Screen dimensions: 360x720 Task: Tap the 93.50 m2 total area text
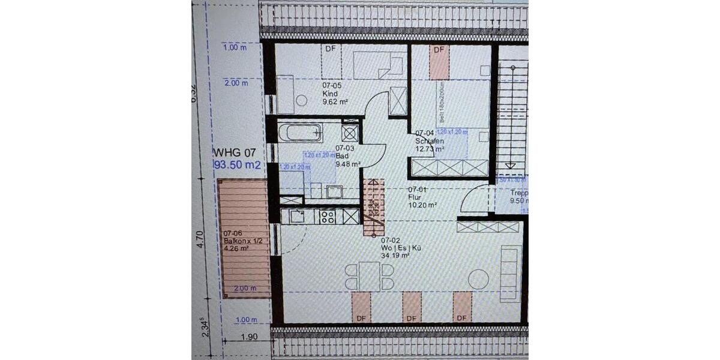point(238,165)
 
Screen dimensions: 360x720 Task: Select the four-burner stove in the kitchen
point(328,217)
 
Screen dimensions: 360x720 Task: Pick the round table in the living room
point(479,280)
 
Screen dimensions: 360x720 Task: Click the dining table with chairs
point(370,277)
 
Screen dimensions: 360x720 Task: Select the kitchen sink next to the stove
point(297,217)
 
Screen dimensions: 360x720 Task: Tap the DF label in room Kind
point(330,49)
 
